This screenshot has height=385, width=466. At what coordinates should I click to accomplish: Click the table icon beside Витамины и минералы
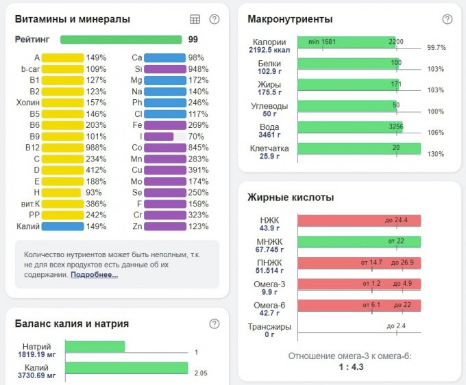click(x=195, y=20)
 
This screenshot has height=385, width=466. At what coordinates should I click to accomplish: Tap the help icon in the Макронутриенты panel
click(x=447, y=20)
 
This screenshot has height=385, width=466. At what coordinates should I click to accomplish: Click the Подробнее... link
click(x=94, y=274)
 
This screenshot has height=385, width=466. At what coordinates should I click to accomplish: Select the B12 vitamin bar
click(x=63, y=147)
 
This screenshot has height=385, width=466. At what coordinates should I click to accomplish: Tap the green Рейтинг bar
click(x=121, y=40)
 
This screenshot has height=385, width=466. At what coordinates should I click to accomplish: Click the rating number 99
click(x=193, y=40)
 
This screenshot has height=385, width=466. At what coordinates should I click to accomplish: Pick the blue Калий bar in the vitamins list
click(x=63, y=226)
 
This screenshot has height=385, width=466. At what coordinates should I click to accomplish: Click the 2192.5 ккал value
click(x=269, y=50)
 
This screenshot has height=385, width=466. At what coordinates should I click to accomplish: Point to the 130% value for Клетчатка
click(x=435, y=155)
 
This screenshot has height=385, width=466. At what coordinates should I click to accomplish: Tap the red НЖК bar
click(x=359, y=221)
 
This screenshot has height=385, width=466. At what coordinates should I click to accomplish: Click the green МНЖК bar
click(x=359, y=242)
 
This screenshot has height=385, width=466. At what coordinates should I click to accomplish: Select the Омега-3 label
click(x=270, y=284)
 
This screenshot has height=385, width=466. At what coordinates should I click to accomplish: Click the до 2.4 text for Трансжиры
click(x=396, y=326)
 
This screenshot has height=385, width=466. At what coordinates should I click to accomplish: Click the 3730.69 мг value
click(x=36, y=376)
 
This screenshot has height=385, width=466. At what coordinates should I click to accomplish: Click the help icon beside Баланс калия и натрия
click(x=214, y=323)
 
